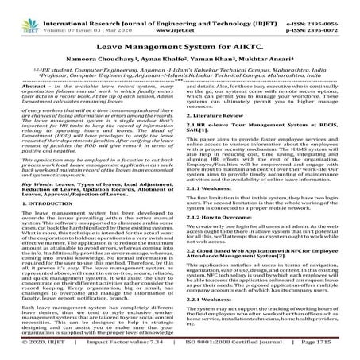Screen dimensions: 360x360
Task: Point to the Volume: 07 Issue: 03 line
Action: pos(76,15)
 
